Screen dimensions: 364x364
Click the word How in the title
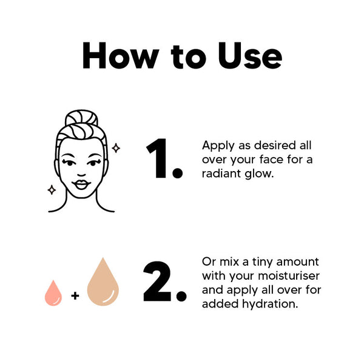[x=121, y=55]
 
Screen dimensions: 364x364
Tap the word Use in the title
[x=250, y=55]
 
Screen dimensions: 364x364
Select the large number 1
[x=157, y=158]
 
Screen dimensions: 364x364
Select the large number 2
[x=157, y=281]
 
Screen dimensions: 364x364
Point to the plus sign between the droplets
[x=75, y=296]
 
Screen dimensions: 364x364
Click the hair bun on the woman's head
[x=81, y=118]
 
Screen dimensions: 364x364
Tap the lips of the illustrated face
[x=81, y=184]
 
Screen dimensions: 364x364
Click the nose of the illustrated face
[x=81, y=175]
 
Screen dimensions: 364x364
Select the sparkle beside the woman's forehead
[x=116, y=148]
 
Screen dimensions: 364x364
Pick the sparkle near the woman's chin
[x=52, y=190]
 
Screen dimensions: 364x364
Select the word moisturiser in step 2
[x=289, y=276]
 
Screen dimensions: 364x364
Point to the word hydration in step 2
[x=270, y=304]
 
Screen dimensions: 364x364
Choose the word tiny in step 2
[x=263, y=263]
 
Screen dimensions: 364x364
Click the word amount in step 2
[x=298, y=262]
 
